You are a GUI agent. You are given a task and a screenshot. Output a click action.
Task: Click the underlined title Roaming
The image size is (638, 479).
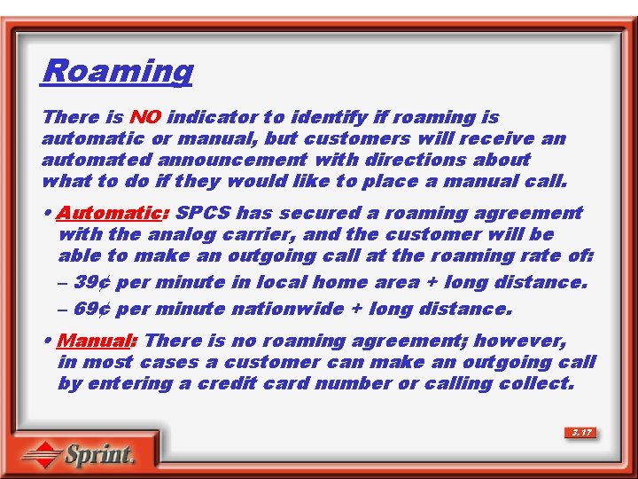117,70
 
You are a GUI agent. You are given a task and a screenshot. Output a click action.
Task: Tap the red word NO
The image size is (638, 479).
144,117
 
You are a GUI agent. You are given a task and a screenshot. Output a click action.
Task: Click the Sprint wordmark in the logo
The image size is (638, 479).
100,455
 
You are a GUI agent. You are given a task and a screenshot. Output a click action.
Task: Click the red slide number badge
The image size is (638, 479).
581,433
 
